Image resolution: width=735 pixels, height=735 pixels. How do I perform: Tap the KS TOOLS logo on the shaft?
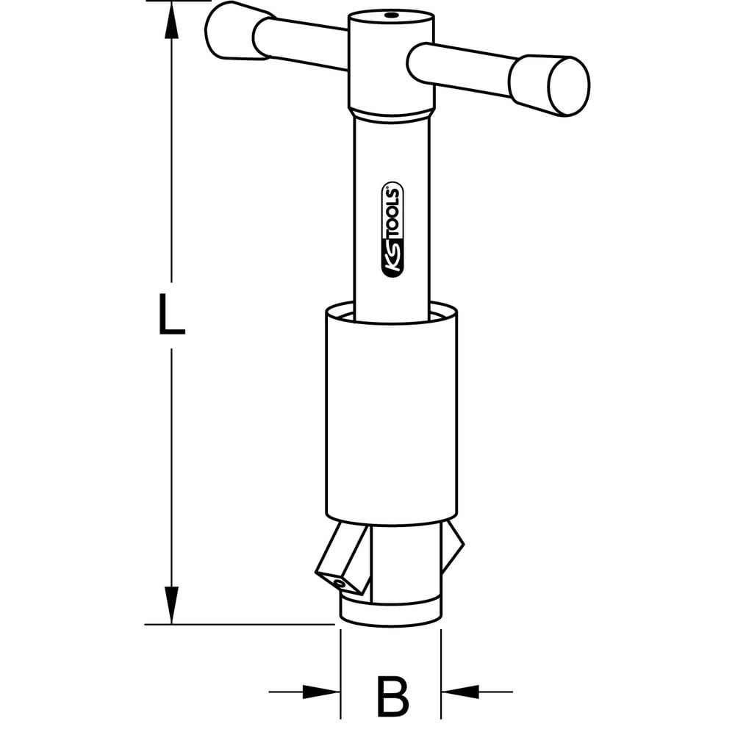tap(392, 229)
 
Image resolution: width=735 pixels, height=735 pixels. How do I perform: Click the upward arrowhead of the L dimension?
tap(172, 21)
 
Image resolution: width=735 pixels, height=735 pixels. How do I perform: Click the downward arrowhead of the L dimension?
tap(172, 605)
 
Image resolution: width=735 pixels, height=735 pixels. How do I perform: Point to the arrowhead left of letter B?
tap(321, 692)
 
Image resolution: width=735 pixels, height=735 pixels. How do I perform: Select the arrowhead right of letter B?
tap(460, 692)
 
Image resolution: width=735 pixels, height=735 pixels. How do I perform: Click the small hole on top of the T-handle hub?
tap(390, 16)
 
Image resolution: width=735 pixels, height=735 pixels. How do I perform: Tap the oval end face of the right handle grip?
tap(569, 86)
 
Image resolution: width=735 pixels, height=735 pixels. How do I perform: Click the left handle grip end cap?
tap(232, 31)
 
